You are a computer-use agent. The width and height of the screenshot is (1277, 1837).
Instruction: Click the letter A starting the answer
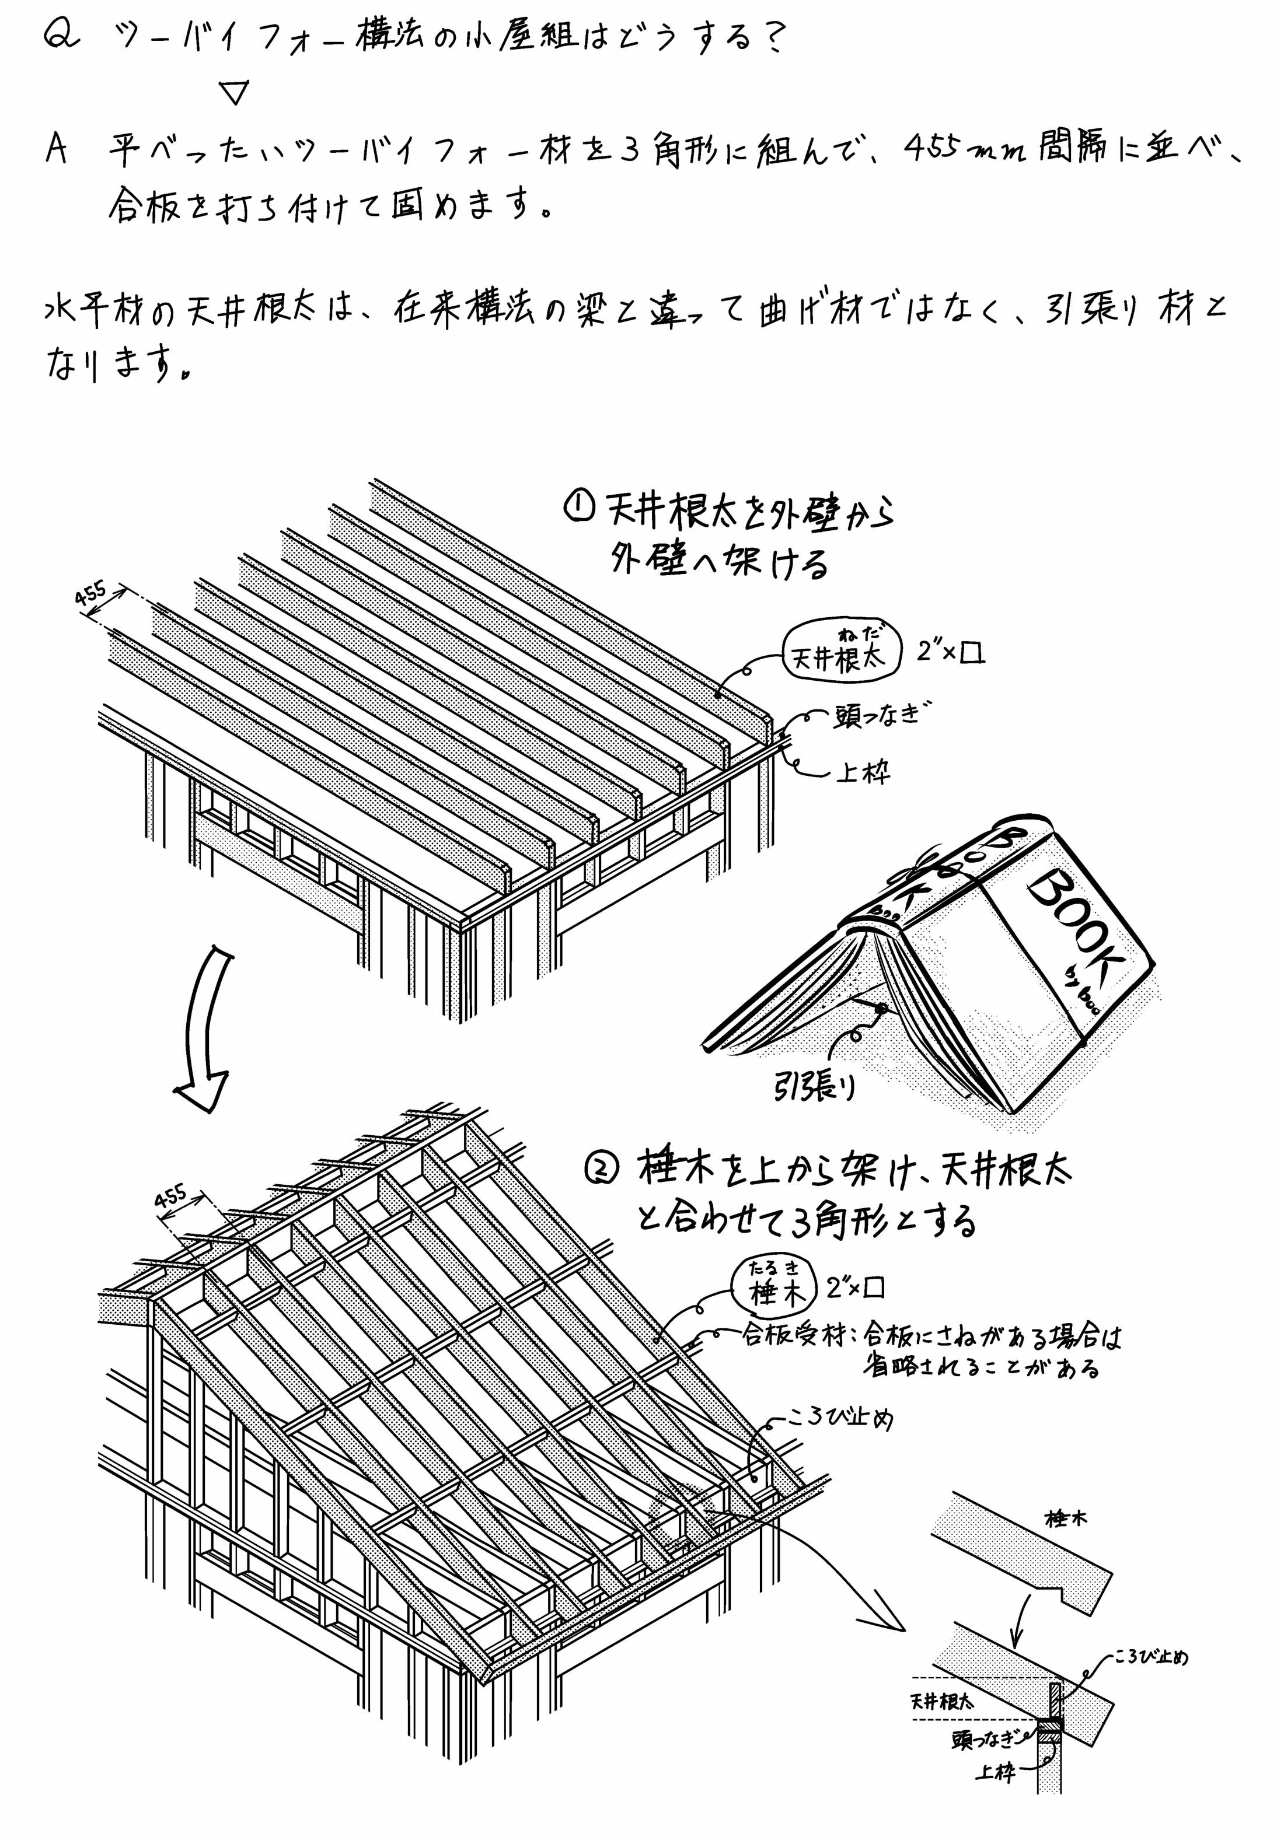tap(56, 149)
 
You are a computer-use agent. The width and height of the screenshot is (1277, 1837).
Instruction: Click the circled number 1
tap(578, 507)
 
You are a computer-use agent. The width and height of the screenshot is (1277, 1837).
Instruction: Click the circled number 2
tap(602, 1169)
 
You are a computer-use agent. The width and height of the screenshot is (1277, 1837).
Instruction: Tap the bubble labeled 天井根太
tap(840, 653)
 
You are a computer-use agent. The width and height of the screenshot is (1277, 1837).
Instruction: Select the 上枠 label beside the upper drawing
tap(863, 772)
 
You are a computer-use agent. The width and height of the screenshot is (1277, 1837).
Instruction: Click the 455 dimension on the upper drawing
tap(90, 595)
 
